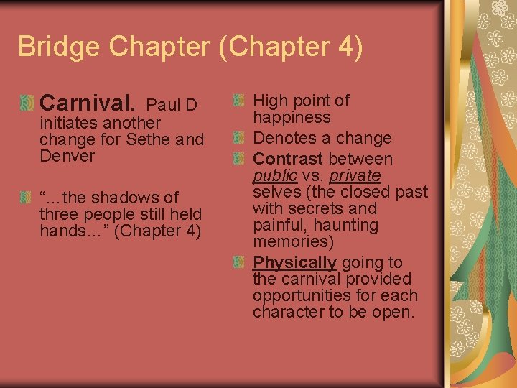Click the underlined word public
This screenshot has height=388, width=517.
click(275, 176)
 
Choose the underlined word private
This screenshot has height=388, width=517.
click(355, 176)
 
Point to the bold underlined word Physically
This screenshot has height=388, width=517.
click(294, 262)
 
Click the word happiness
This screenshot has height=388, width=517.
click(291, 118)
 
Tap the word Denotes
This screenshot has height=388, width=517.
click(283, 138)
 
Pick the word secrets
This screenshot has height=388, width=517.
click(318, 208)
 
